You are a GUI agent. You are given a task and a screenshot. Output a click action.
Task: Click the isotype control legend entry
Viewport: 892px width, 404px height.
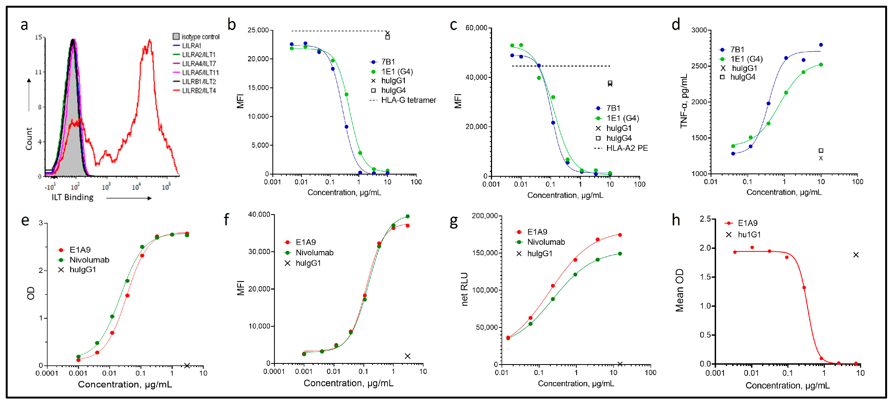coord(200,37)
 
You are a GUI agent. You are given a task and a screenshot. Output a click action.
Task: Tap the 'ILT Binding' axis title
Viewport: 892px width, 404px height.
coord(73,197)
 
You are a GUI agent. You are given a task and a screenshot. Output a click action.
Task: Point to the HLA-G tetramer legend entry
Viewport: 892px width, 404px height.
coord(408,100)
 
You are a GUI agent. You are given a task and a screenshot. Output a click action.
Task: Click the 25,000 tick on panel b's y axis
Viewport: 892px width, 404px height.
coord(258,31)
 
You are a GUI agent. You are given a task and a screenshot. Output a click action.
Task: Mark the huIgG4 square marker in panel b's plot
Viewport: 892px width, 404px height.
coord(387,37)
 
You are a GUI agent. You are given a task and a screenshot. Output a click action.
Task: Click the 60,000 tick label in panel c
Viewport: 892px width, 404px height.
coord(476,28)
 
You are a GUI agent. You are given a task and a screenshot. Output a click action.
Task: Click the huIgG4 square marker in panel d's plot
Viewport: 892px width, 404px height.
coord(821,151)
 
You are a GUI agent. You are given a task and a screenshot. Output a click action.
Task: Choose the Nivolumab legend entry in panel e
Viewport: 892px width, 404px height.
coord(89,260)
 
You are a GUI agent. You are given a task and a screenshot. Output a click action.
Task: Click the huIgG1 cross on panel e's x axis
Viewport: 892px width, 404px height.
coord(187,365)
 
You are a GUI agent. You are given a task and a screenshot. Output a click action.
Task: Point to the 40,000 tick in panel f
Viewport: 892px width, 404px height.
coord(259,215)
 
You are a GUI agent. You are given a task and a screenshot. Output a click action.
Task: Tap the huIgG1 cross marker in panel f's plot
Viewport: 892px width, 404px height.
coord(408,356)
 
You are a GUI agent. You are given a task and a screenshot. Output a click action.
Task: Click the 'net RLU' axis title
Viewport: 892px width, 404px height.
coord(464,289)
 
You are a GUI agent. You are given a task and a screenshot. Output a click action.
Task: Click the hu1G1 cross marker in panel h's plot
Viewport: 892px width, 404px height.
coord(856,255)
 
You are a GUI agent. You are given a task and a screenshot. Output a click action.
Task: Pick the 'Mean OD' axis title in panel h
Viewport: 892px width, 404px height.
coord(679,290)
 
